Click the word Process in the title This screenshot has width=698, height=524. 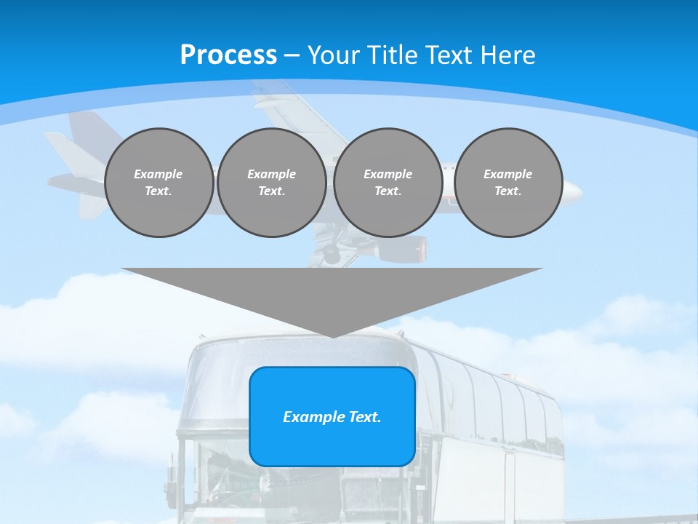click(228, 55)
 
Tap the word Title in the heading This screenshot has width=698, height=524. click(393, 55)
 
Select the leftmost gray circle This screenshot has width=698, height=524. click(159, 183)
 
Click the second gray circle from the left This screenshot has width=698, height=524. click(272, 183)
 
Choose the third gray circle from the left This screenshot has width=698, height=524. click(388, 183)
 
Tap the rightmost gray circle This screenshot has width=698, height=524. click(508, 183)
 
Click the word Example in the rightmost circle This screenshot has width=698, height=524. click(508, 174)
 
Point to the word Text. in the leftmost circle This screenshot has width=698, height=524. click(159, 191)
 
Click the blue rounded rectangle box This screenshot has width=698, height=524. click(332, 416)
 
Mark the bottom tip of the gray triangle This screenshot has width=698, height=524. click(332, 337)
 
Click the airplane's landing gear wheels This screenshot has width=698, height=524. click(330, 254)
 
